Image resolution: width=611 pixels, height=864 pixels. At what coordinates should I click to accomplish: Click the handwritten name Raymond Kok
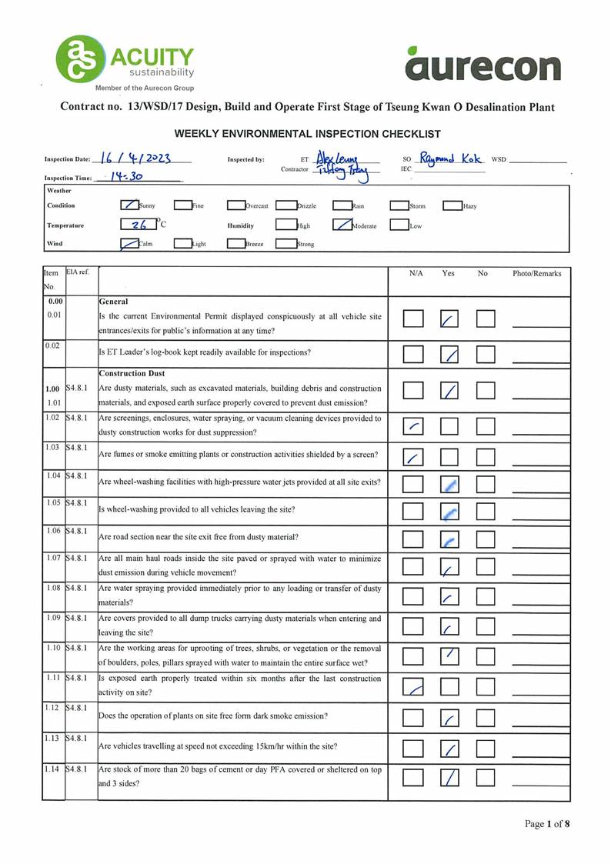[452, 158]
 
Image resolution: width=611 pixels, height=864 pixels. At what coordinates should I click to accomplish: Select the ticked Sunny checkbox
[129, 205]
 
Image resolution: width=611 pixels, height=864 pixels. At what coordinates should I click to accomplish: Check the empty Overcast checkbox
[235, 205]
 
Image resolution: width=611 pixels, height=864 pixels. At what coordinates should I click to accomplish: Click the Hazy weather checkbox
[452, 205]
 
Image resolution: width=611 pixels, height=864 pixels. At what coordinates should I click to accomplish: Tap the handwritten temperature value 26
[139, 225]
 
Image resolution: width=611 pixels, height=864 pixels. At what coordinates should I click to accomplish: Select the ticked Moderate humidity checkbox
[342, 225]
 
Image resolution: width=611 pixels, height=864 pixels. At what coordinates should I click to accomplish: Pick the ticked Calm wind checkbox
[129, 244]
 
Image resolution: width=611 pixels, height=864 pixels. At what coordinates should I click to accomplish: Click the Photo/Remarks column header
[538, 273]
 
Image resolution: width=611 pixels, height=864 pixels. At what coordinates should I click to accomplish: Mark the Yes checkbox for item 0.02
[449, 354]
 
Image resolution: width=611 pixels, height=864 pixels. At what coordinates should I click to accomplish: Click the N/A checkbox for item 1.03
[413, 458]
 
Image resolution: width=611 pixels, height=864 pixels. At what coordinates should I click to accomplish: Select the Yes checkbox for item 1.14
[449, 777]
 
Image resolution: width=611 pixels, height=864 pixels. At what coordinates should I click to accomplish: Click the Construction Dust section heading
[132, 373]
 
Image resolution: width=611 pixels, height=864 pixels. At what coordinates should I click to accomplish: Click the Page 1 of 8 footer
[547, 824]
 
